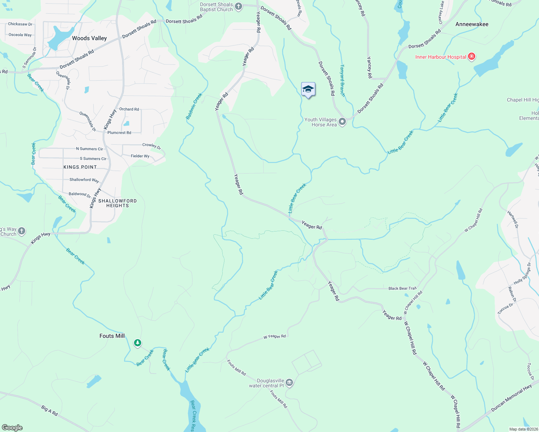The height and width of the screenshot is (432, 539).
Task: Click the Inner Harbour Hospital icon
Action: pos(471,57)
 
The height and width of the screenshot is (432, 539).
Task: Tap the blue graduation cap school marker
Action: pos(308,89)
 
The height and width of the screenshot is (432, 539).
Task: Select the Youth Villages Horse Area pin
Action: pos(342,122)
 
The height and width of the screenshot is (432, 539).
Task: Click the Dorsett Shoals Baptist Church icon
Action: pos(239,6)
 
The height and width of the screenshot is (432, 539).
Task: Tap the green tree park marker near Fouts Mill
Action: pos(137,343)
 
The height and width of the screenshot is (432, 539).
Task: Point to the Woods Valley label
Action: pos(89,38)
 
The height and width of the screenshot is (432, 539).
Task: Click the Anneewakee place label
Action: pos(472,24)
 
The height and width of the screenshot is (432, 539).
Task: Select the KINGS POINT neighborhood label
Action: pos(80,167)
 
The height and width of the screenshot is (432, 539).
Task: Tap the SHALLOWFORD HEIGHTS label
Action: pos(117,203)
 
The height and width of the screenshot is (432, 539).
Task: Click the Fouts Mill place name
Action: pos(112,336)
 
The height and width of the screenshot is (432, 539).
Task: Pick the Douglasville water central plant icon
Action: pos(289,383)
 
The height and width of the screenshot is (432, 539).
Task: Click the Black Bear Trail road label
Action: pos(402,288)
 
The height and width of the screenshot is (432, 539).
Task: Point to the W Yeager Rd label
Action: pos(275,337)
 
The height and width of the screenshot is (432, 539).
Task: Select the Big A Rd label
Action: pos(49,411)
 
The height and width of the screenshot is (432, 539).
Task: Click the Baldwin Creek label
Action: pos(194,107)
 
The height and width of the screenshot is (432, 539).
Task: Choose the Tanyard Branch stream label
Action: pos(343,81)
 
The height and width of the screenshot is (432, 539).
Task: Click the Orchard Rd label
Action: pos(129,109)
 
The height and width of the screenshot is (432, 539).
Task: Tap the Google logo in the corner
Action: pos(12,427)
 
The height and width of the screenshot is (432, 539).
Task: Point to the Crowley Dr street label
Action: pos(151,145)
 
